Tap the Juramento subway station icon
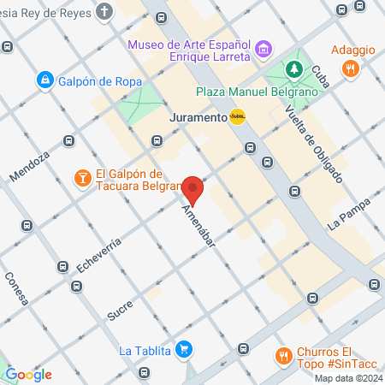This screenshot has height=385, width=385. click(x=237, y=117)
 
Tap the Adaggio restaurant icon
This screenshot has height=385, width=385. click(x=349, y=70)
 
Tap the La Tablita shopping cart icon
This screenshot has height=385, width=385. click(x=183, y=350)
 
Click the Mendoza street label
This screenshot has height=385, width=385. click(x=30, y=163)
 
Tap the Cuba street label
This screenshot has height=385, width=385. click(x=320, y=81)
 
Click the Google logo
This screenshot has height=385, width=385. click(x=28, y=375)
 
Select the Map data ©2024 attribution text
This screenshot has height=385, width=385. click(x=347, y=378)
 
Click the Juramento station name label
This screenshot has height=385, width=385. click(x=198, y=117)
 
